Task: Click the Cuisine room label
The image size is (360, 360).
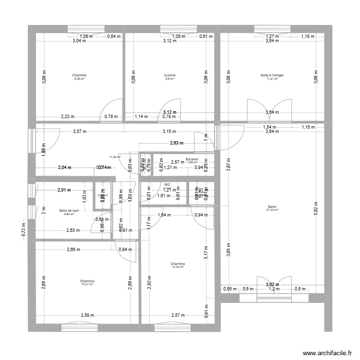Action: click(169, 75)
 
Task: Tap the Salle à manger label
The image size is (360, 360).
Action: click(272, 75)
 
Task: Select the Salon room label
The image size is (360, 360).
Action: click(272, 207)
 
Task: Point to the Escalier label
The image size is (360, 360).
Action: click(192, 159)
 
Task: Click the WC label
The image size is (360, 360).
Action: click(167, 184)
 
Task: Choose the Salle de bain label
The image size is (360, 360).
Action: click(69, 210)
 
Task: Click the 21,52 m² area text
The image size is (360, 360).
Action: click(272, 210)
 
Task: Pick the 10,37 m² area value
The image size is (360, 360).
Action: click(87, 284)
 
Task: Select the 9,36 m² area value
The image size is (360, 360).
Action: click(79, 79)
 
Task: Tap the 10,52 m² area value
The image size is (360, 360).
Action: click(178, 267)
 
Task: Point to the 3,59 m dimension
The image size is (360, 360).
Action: click(87, 315)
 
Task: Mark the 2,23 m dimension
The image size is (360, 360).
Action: click(68, 116)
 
